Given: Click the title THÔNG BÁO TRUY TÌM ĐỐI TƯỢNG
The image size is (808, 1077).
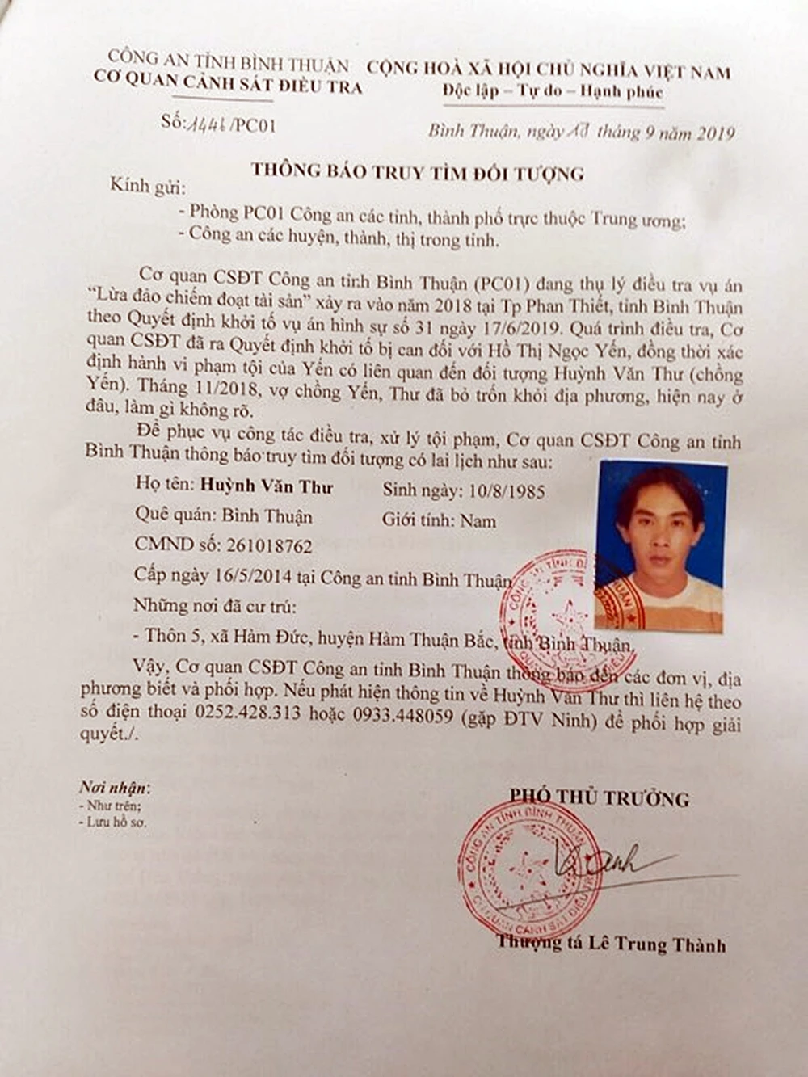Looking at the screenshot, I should (416, 170).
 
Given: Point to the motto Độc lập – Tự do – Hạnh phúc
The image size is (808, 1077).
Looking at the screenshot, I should (553, 91).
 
